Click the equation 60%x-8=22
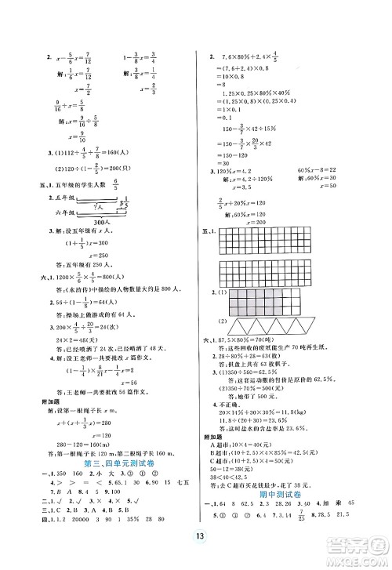[x=325, y=171]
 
